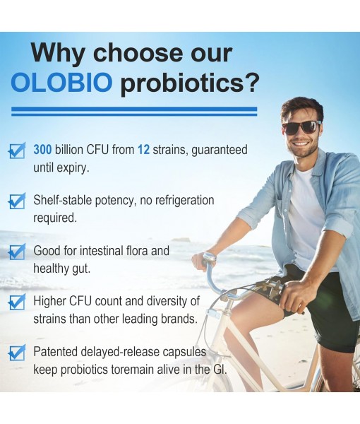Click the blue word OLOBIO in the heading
pos(61,83)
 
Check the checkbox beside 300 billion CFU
pos(16,151)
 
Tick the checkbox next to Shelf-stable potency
pos(16,201)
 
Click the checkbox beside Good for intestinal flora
pos(16,252)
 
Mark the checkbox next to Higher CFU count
pos(16,302)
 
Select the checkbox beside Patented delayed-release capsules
pos(16,353)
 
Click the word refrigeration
pos(181,201)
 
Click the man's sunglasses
pos(301,127)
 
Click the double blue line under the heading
pos(133,111)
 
